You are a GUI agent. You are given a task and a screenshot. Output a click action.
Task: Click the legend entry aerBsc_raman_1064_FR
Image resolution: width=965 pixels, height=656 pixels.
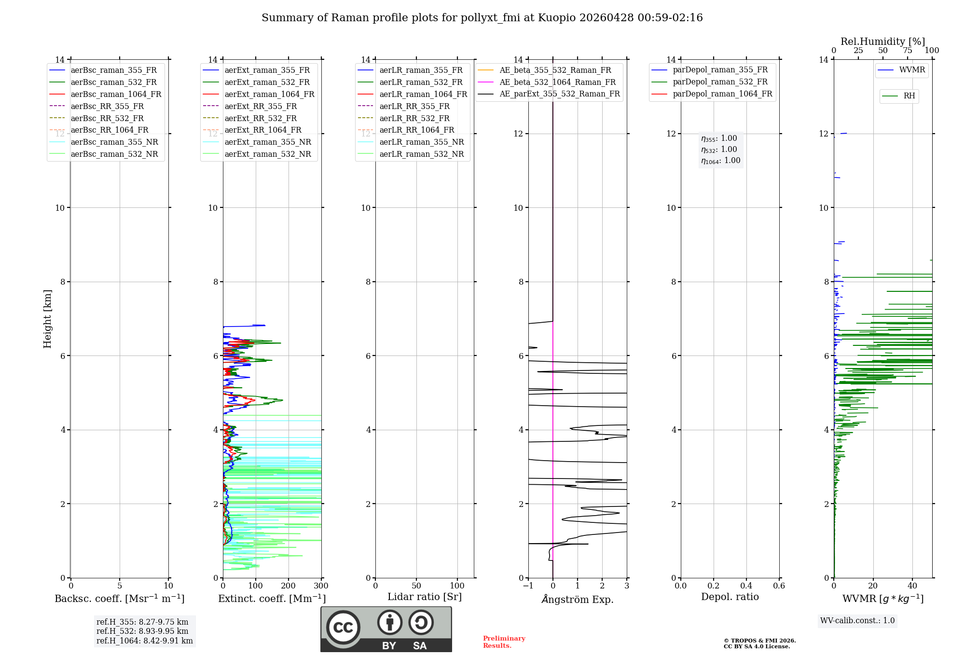(116, 94)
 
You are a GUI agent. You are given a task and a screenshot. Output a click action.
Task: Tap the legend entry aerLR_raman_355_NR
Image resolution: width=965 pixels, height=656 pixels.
(421, 142)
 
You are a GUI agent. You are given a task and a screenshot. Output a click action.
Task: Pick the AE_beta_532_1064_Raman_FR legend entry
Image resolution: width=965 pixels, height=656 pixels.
(557, 82)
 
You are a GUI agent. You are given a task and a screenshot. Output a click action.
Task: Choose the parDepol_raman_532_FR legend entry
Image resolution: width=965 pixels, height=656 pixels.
(720, 82)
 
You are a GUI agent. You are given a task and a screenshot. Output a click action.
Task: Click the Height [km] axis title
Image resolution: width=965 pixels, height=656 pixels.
(47, 319)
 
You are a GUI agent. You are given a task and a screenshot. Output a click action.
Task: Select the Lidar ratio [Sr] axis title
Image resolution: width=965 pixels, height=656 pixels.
(425, 597)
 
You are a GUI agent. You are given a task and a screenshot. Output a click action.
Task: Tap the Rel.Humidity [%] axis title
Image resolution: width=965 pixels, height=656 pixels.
(882, 41)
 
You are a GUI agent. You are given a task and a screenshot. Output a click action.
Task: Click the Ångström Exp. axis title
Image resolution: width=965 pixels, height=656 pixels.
(578, 599)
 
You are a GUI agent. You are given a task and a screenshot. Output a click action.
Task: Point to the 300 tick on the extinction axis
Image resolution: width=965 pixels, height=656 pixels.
(321, 586)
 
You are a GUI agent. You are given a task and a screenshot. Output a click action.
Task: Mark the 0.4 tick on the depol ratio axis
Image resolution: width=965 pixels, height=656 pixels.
(746, 586)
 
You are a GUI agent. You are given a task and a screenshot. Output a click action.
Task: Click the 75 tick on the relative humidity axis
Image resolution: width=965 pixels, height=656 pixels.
(907, 51)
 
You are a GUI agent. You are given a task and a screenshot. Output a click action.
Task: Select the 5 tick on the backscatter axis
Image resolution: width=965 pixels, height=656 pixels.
(120, 586)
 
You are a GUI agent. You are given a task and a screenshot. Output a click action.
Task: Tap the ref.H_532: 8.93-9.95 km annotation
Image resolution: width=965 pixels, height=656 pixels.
(142, 631)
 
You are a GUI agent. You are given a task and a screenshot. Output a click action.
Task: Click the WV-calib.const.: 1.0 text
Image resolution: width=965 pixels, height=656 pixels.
(857, 620)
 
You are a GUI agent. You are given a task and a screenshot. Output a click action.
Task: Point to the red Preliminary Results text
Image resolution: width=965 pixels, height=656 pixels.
(504, 642)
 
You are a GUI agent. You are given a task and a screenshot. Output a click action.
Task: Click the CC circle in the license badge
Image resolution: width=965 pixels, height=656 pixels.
(343, 627)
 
